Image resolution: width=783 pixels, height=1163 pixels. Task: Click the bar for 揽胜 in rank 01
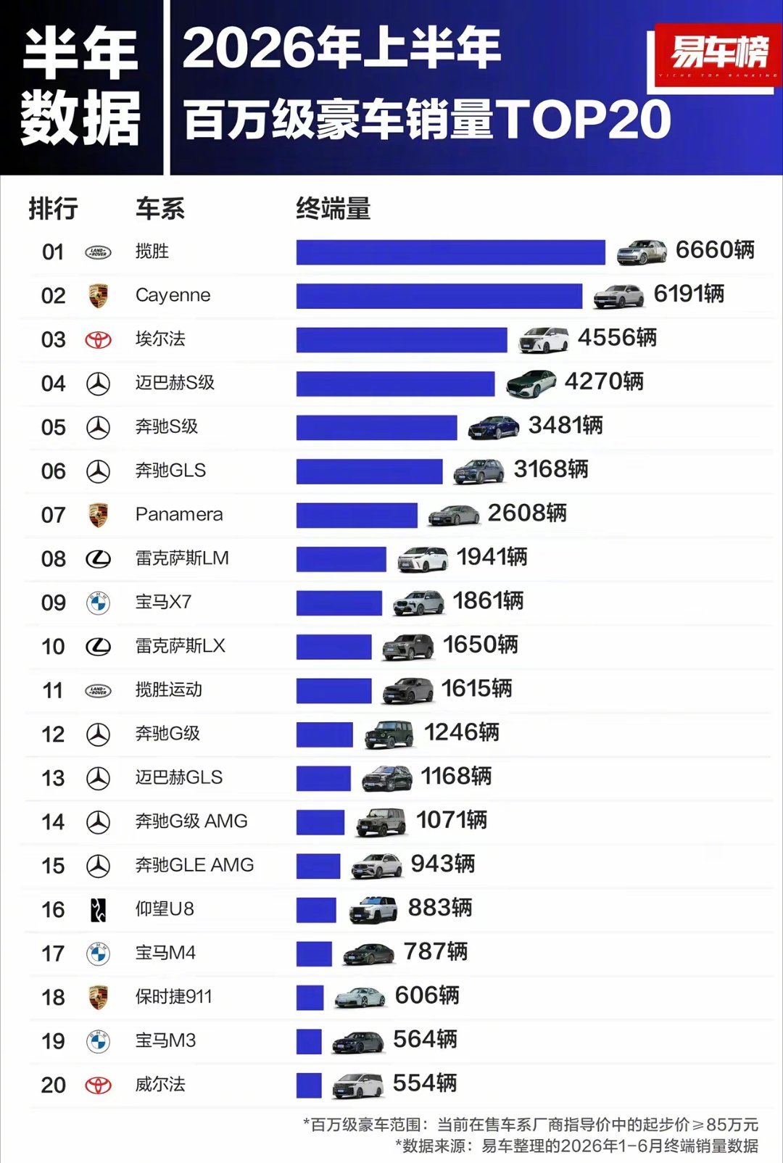point(451,252)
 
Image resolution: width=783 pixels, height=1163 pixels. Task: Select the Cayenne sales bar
point(439,296)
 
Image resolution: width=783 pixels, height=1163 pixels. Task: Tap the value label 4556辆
point(617,338)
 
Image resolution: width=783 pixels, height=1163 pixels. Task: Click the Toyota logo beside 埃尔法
point(98,340)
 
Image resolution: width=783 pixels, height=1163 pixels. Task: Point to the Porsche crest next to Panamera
point(98,515)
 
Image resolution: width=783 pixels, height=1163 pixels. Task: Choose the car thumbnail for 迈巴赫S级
point(531,384)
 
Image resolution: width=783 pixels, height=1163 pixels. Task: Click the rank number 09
point(54,603)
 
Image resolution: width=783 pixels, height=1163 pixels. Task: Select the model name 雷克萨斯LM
point(182,558)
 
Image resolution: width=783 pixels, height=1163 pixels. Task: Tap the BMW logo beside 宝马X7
point(98,603)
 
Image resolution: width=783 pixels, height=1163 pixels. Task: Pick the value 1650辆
point(480,645)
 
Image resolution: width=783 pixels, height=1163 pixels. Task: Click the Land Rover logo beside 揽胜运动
point(98,690)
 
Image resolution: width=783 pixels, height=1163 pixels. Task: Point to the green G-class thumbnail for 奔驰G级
point(389,734)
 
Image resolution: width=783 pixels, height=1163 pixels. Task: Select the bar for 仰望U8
point(316,910)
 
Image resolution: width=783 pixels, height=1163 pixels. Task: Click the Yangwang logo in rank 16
point(98,910)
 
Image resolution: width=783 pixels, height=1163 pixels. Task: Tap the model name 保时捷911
point(173,997)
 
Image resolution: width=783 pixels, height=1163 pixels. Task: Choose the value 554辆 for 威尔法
point(425,1083)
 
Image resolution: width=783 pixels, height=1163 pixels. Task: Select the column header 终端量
point(333,210)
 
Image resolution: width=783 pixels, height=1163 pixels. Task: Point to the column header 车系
point(160,210)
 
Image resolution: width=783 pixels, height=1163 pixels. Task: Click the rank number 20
point(54,1085)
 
